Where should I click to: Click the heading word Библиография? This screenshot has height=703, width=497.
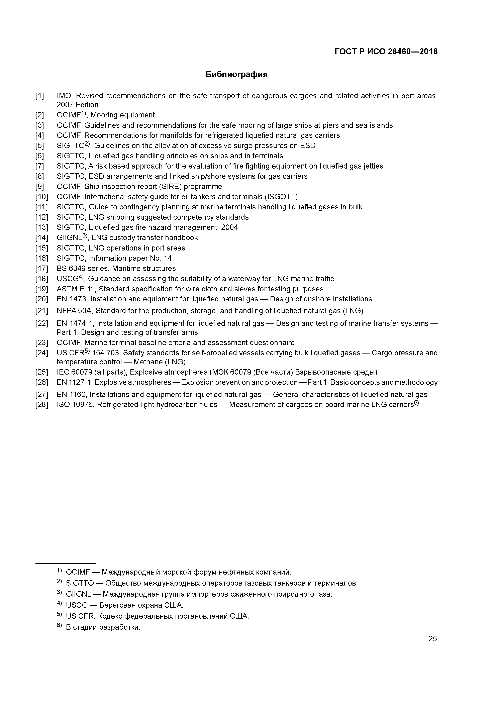click(x=236, y=74)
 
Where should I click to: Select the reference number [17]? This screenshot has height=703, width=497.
click(x=42, y=269)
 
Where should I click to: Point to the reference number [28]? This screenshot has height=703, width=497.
click(x=42, y=405)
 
